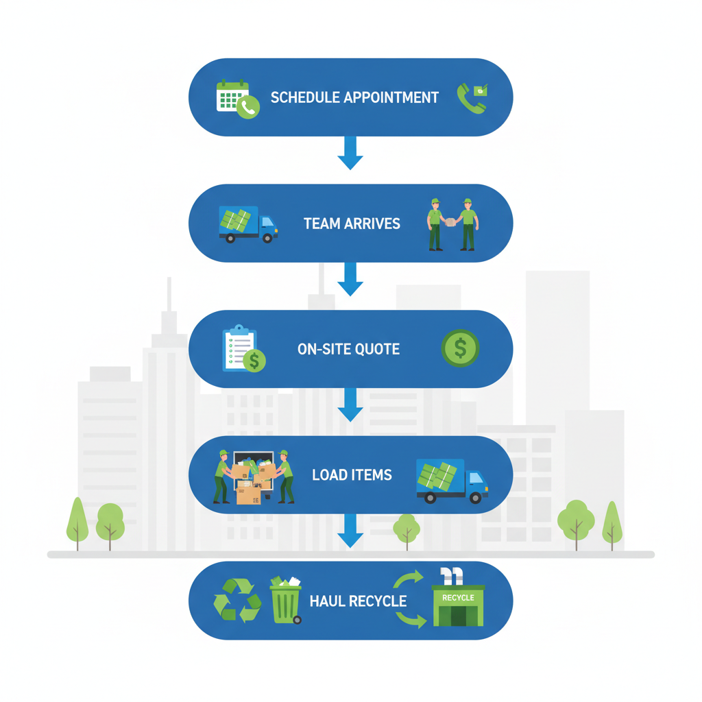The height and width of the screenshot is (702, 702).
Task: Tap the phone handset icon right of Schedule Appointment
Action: (x=472, y=98)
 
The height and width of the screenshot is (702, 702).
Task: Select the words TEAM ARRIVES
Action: (x=352, y=223)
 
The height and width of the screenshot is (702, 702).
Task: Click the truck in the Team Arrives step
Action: (x=247, y=224)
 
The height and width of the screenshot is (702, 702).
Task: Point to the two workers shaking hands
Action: (x=452, y=223)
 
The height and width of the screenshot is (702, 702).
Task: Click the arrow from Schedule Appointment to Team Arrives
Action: (x=350, y=152)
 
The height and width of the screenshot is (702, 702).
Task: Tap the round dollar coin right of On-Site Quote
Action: (x=460, y=348)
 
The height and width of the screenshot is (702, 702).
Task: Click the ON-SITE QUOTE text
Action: (x=348, y=349)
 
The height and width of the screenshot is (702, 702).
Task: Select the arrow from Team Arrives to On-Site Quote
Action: (x=350, y=278)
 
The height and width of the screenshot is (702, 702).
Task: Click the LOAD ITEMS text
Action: (x=352, y=474)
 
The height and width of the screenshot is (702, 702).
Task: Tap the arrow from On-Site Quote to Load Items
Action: (x=350, y=404)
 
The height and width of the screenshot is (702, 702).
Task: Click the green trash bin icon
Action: (x=286, y=601)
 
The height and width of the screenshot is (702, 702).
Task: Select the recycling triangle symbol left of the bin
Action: (x=237, y=600)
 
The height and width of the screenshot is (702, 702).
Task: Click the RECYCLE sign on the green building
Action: (x=458, y=598)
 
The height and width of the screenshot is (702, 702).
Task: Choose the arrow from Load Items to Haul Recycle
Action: (x=350, y=530)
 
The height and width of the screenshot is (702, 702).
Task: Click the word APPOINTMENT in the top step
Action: (x=391, y=97)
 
